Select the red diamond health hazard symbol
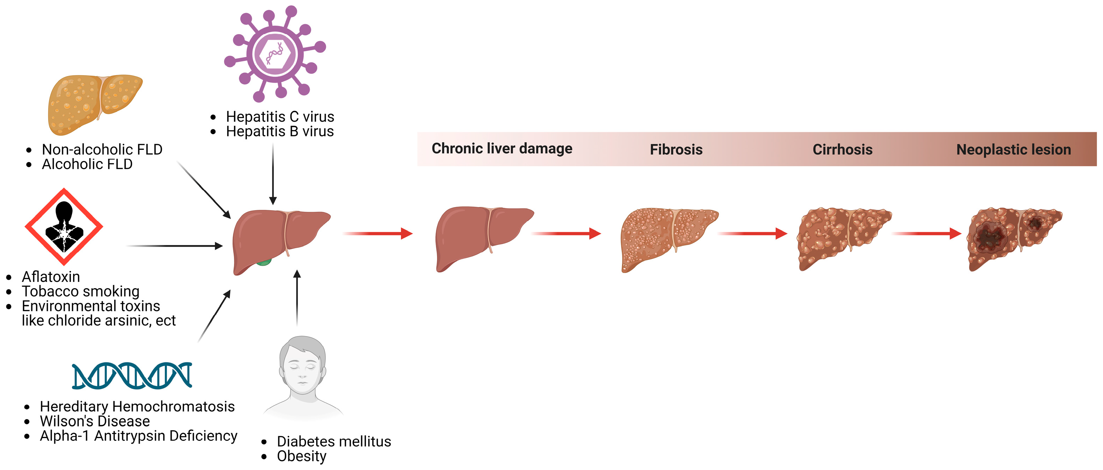click(64, 227)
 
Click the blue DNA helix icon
click(132, 375)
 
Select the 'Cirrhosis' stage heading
click(842, 149)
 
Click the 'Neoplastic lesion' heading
click(1013, 149)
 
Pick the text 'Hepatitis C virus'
click(280, 117)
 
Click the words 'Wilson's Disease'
click(94, 421)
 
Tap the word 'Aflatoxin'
click(51, 277)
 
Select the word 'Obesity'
click(301, 456)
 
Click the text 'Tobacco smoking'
click(80, 291)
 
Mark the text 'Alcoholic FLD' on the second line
click(87, 164)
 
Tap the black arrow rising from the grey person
click(297, 298)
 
